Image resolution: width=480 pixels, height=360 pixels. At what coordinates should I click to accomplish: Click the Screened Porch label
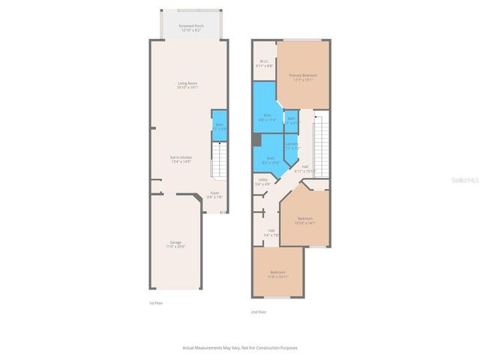pyautogui.click(x=190, y=28)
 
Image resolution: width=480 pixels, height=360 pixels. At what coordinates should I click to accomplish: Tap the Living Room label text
pyautogui.click(x=187, y=85)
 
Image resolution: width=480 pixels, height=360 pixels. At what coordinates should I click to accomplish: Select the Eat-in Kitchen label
pyautogui.click(x=181, y=159)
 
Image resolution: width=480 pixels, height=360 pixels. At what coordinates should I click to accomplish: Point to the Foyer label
pyautogui.click(x=214, y=195)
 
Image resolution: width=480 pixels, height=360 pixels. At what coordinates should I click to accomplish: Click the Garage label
pyautogui.click(x=175, y=244)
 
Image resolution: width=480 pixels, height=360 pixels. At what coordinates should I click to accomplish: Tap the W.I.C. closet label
pyautogui.click(x=264, y=63)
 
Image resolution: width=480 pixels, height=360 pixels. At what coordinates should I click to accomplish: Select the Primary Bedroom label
pyautogui.click(x=302, y=76)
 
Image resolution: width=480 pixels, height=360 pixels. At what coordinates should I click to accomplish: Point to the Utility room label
pyautogui.click(x=262, y=181)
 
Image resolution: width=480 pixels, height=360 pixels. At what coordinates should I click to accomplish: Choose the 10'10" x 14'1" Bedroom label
pyautogui.click(x=305, y=220)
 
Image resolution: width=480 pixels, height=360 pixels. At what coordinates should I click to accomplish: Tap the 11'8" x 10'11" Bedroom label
pyautogui.click(x=277, y=274)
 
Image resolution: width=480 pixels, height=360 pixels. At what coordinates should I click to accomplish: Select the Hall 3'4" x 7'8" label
pyautogui.click(x=271, y=232)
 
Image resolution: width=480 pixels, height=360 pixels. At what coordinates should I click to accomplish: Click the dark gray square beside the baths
pyautogui.click(x=256, y=140)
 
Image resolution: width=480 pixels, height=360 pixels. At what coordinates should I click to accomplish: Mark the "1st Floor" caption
pyautogui.click(x=155, y=303)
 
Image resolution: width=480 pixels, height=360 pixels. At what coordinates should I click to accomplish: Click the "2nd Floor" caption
pyautogui.click(x=258, y=311)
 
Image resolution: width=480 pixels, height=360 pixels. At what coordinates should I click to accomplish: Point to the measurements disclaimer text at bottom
pyautogui.click(x=239, y=347)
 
